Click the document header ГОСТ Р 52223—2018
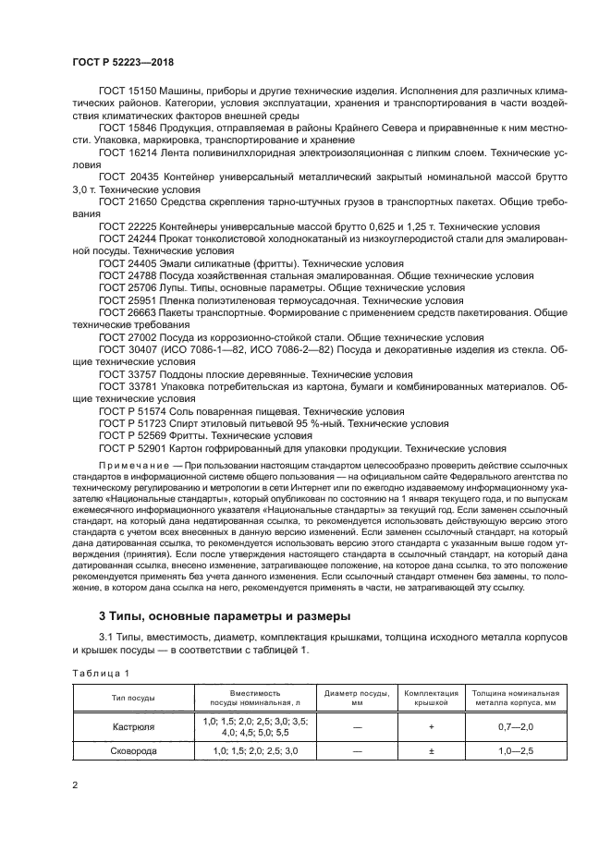coord(122,62)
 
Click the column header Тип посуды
coord(133,698)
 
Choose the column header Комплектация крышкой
coord(432,698)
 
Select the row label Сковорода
coord(133,751)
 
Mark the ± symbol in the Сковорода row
coord(432,751)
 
